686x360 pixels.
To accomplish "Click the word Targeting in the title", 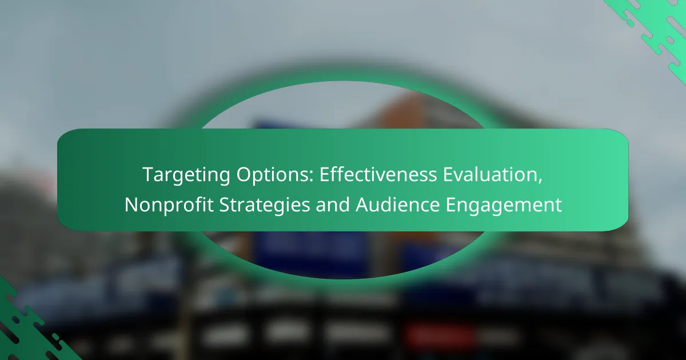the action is point(186,175).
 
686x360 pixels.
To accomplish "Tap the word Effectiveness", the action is point(378,174).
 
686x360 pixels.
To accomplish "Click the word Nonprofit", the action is point(169,205).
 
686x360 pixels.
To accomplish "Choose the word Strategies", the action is point(265,205).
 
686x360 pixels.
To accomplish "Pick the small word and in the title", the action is point(333,204).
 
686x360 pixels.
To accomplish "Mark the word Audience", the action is point(398,204).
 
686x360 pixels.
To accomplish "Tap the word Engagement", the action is point(504,205).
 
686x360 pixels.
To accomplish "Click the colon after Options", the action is point(312,177).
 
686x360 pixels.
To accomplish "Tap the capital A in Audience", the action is point(362,205).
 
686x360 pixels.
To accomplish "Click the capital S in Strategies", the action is point(225,205).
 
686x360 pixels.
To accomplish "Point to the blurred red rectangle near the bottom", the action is point(440,336).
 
